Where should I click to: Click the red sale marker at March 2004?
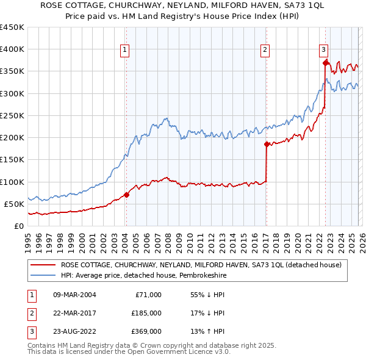coord(126,195)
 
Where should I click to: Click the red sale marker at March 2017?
coord(267,145)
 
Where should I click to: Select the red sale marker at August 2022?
coord(325,62)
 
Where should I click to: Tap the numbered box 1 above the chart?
coord(124,51)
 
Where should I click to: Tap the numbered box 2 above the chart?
coord(265,51)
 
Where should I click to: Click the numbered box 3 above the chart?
coord(323,51)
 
